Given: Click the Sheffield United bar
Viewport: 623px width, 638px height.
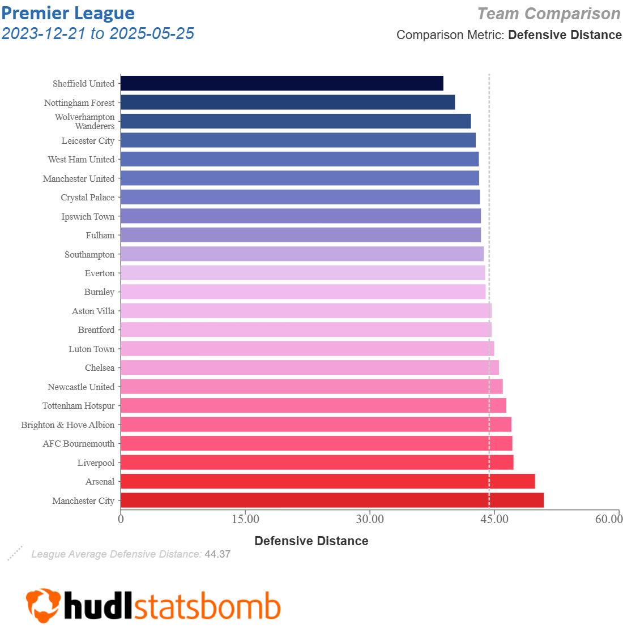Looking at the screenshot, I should click(281, 83).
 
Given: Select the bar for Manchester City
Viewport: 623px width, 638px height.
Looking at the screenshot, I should click(332, 500).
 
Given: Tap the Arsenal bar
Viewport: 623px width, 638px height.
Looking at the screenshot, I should click(327, 481).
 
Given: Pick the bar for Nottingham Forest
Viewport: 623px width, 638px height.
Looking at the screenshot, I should click(288, 102).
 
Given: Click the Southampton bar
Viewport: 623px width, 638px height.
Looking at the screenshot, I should click(302, 254).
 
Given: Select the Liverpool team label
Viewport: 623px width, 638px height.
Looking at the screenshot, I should click(96, 463).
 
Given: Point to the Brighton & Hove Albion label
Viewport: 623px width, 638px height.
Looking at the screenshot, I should click(68, 425).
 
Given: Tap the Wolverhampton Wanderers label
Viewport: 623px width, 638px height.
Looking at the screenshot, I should click(85, 121).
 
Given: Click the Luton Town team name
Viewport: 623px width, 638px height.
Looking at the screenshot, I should click(92, 349).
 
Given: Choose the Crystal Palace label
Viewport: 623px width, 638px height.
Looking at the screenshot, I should click(88, 198).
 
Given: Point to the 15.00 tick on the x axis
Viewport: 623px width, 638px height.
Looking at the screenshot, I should click(245, 519).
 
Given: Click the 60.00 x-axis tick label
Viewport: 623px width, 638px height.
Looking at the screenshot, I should click(608, 519).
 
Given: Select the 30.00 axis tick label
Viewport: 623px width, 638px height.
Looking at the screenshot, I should click(370, 519).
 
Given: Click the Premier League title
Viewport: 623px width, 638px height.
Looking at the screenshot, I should click(68, 13).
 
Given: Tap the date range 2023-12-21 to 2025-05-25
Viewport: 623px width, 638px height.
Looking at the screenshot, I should click(98, 33).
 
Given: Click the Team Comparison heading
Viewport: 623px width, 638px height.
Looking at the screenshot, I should click(548, 14).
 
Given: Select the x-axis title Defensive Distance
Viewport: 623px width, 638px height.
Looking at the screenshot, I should click(311, 541).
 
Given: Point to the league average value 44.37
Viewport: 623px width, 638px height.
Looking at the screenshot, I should click(217, 554).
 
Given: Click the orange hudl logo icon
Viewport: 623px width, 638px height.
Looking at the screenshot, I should click(43, 606).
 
